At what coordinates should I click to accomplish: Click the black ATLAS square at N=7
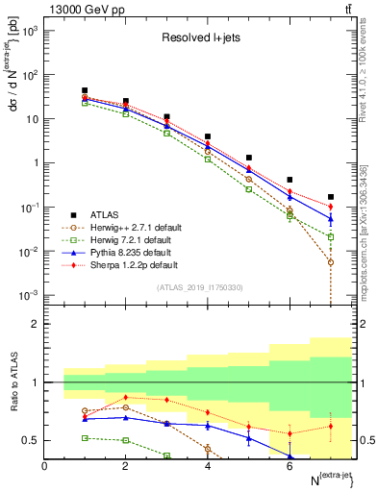[330, 197]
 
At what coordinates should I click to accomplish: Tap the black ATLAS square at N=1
[85, 90]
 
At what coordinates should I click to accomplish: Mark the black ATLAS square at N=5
[248, 157]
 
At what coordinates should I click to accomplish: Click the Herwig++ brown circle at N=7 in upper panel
[330, 262]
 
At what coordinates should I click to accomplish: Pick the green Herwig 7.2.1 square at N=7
[330, 236]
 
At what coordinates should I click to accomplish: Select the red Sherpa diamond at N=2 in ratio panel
[126, 397]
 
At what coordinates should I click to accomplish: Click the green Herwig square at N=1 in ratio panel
[85, 437]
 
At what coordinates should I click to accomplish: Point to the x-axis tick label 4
[208, 467]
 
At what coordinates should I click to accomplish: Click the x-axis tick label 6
[290, 467]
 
